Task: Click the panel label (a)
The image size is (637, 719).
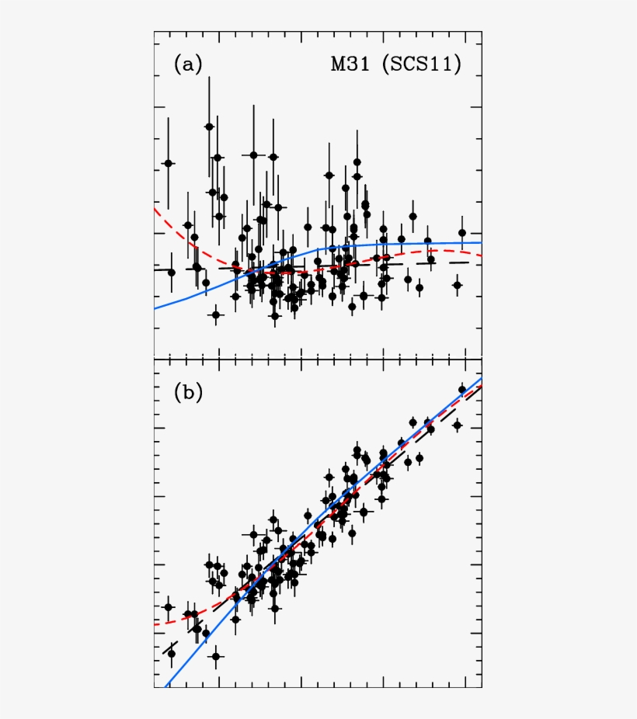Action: (187, 64)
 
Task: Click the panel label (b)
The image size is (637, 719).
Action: (187, 393)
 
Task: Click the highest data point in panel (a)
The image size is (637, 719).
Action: (209, 127)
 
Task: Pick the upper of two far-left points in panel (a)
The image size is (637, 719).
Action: (168, 163)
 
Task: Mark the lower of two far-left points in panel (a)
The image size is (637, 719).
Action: (172, 273)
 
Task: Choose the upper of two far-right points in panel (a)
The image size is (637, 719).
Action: (462, 232)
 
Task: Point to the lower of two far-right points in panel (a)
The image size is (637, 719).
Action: (457, 285)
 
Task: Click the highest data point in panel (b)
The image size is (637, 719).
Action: (462, 390)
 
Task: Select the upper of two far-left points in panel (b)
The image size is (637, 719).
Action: (168, 607)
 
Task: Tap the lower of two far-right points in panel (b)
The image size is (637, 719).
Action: (457, 425)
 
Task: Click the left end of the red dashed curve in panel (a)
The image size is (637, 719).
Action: (155, 208)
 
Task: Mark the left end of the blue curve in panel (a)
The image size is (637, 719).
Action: (155, 308)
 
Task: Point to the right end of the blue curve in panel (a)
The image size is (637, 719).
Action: (481, 242)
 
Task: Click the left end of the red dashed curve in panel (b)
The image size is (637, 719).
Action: (155, 624)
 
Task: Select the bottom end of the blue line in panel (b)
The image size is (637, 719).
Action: (165, 686)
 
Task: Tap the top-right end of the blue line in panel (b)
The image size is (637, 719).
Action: (481, 378)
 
